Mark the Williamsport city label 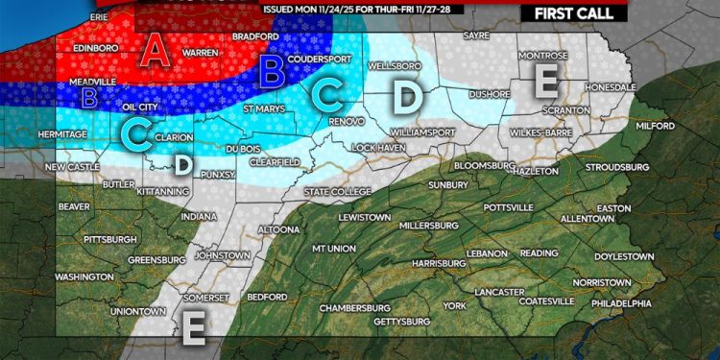point(421,125)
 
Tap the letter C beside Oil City point(137,136)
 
